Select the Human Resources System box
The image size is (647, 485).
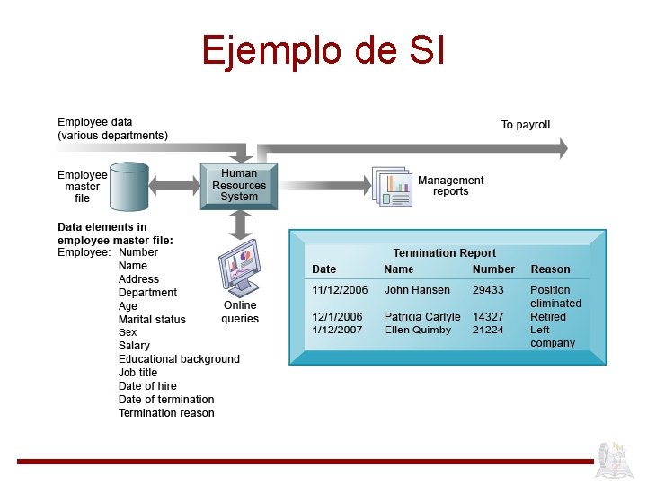[239, 185]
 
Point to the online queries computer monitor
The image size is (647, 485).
[239, 267]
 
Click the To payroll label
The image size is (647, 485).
[525, 125]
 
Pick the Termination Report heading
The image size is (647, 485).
[444, 253]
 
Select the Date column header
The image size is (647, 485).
[323, 269]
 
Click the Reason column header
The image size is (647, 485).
[550, 269]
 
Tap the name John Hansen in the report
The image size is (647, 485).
[417, 290]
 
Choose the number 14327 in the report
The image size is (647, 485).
[488, 317]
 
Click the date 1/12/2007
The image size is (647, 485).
[337, 330]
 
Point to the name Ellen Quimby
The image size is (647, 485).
[417, 330]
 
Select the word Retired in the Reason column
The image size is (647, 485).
[548, 317]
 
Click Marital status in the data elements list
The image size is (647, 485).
[152, 320]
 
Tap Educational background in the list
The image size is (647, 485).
[179, 359]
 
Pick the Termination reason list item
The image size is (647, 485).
[166, 413]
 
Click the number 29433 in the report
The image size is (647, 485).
[488, 290]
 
